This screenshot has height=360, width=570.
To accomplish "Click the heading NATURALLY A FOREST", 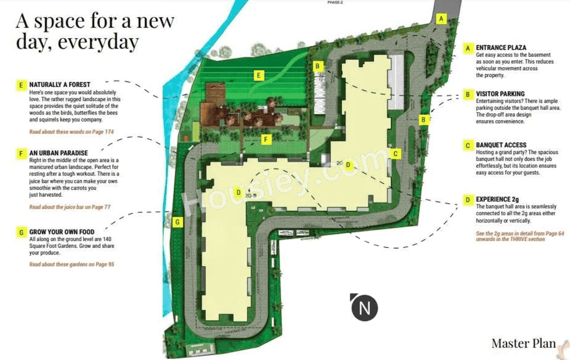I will [x=59, y=84].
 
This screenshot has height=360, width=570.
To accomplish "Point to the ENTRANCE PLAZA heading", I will [x=501, y=47].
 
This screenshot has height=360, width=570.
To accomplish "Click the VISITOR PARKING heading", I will [x=500, y=94].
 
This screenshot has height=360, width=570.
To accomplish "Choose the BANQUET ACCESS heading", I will [x=501, y=145].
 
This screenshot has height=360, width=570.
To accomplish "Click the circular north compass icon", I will [x=364, y=307].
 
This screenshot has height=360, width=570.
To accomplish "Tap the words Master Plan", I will [x=524, y=343].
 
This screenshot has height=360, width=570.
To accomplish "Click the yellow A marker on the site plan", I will [x=441, y=19].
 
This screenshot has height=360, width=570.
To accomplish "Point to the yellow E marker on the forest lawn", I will [x=259, y=76].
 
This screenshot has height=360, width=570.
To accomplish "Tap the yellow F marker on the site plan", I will [x=266, y=139].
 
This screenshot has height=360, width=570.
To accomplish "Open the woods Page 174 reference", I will [x=71, y=132].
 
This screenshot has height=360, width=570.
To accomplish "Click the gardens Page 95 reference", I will [x=71, y=264].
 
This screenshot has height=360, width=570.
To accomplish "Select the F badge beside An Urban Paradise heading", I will [x=21, y=152].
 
